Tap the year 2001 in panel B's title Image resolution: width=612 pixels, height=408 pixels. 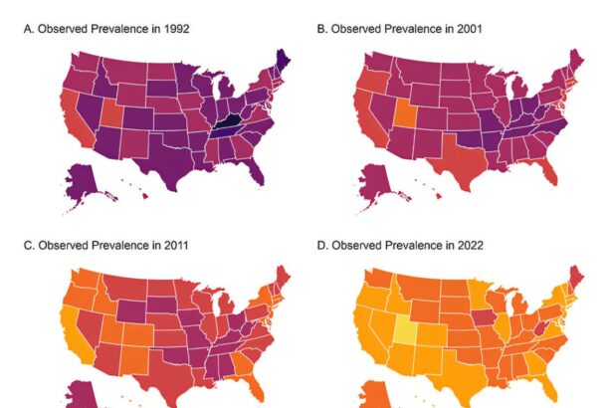(468, 30)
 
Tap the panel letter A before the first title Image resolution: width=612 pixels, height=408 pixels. (28, 30)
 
